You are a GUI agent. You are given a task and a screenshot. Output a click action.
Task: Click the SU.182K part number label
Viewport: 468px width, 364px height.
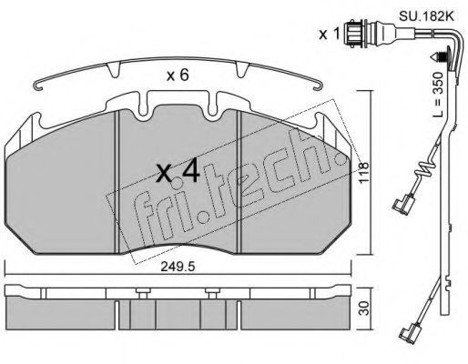coord(426,15)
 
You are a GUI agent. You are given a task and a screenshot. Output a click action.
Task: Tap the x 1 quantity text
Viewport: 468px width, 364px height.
coord(329,35)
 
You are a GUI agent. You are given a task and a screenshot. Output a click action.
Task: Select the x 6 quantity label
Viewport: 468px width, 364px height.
coord(178,75)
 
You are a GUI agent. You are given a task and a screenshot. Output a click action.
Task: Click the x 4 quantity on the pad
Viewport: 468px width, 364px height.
coord(178,172)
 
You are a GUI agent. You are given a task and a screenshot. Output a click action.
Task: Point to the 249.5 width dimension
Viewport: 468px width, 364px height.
coord(178,267)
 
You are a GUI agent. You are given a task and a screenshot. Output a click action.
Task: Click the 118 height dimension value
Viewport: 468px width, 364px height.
coord(363,172)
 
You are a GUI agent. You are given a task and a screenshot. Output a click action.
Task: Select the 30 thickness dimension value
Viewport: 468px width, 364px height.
coord(364,308)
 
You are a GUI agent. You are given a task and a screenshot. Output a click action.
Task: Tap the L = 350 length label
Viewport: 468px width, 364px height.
coord(438,95)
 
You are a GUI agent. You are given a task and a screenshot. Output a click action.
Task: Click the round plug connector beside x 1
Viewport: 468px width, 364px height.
coord(352,33)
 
